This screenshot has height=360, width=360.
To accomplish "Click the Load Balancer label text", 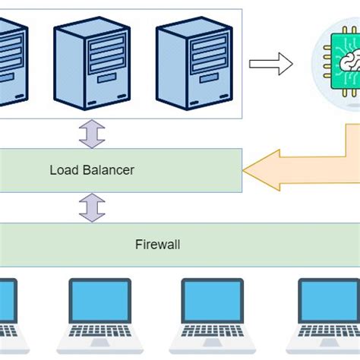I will point(92,170).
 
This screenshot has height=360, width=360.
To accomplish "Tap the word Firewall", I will point(158,245).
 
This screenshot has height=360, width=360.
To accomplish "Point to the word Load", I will point(63,170).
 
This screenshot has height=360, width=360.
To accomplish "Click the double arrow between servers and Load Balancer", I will point(92,134).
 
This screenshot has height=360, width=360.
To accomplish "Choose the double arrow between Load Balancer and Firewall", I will point(92,207).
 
